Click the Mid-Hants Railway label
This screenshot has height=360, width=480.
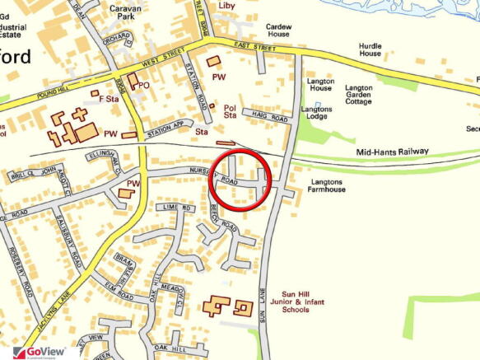click(392, 152)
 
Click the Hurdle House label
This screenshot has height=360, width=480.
click(370, 49)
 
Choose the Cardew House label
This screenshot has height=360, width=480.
click(278, 31)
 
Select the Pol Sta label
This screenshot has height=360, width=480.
click(231, 111)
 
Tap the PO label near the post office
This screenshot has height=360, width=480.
click(144, 85)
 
